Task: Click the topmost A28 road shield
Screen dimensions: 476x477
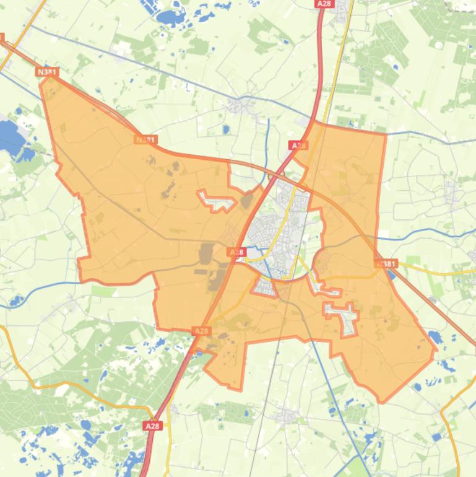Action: click(x=323, y=4)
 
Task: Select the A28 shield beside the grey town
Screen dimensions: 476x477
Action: click(x=237, y=252)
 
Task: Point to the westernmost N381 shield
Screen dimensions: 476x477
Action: click(x=47, y=72)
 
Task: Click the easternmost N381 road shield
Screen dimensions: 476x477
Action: click(x=386, y=264)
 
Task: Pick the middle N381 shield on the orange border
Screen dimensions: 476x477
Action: click(x=145, y=140)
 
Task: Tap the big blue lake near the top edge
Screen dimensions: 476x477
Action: click(x=170, y=17)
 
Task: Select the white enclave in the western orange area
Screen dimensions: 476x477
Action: click(x=217, y=200)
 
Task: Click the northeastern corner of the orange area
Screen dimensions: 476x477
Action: click(x=385, y=134)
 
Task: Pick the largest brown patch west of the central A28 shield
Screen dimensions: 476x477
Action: click(x=206, y=253)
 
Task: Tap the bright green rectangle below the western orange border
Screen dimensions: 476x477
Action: click(x=103, y=291)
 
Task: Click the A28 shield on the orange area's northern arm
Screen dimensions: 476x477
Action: click(x=298, y=146)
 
